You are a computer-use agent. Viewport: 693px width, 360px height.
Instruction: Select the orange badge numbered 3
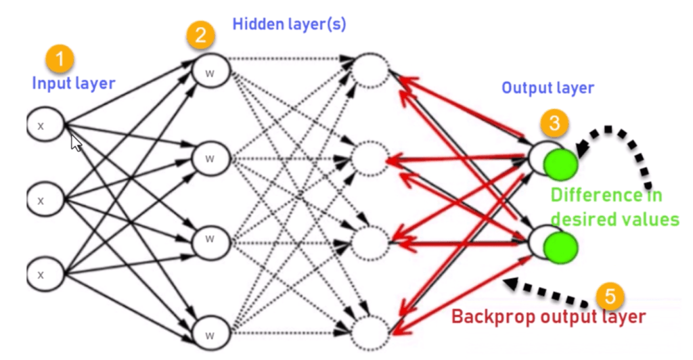coord(554,122)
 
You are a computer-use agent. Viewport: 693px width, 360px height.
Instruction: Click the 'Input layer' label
coord(74,84)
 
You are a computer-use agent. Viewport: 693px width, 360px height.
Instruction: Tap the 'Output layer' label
coord(547,88)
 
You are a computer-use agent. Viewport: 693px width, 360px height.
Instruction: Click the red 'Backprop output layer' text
coord(549,316)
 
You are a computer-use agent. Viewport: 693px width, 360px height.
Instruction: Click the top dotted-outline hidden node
coord(371,69)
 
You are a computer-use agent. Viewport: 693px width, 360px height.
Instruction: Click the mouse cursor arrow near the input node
coord(76,142)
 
